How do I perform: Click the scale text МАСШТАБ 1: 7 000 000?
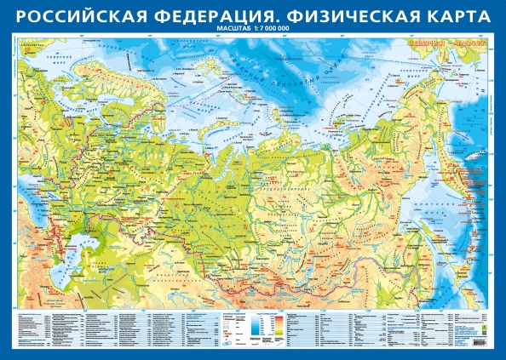253,30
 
